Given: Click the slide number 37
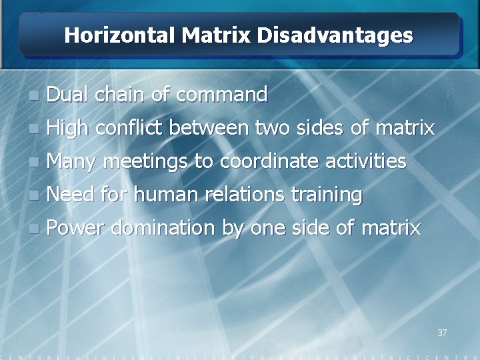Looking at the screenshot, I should point(442,332).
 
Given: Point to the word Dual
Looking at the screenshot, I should point(69,95).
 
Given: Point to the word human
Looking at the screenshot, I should point(171,194).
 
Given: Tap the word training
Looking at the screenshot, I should point(327,195).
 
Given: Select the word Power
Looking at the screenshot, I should point(75,228).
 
